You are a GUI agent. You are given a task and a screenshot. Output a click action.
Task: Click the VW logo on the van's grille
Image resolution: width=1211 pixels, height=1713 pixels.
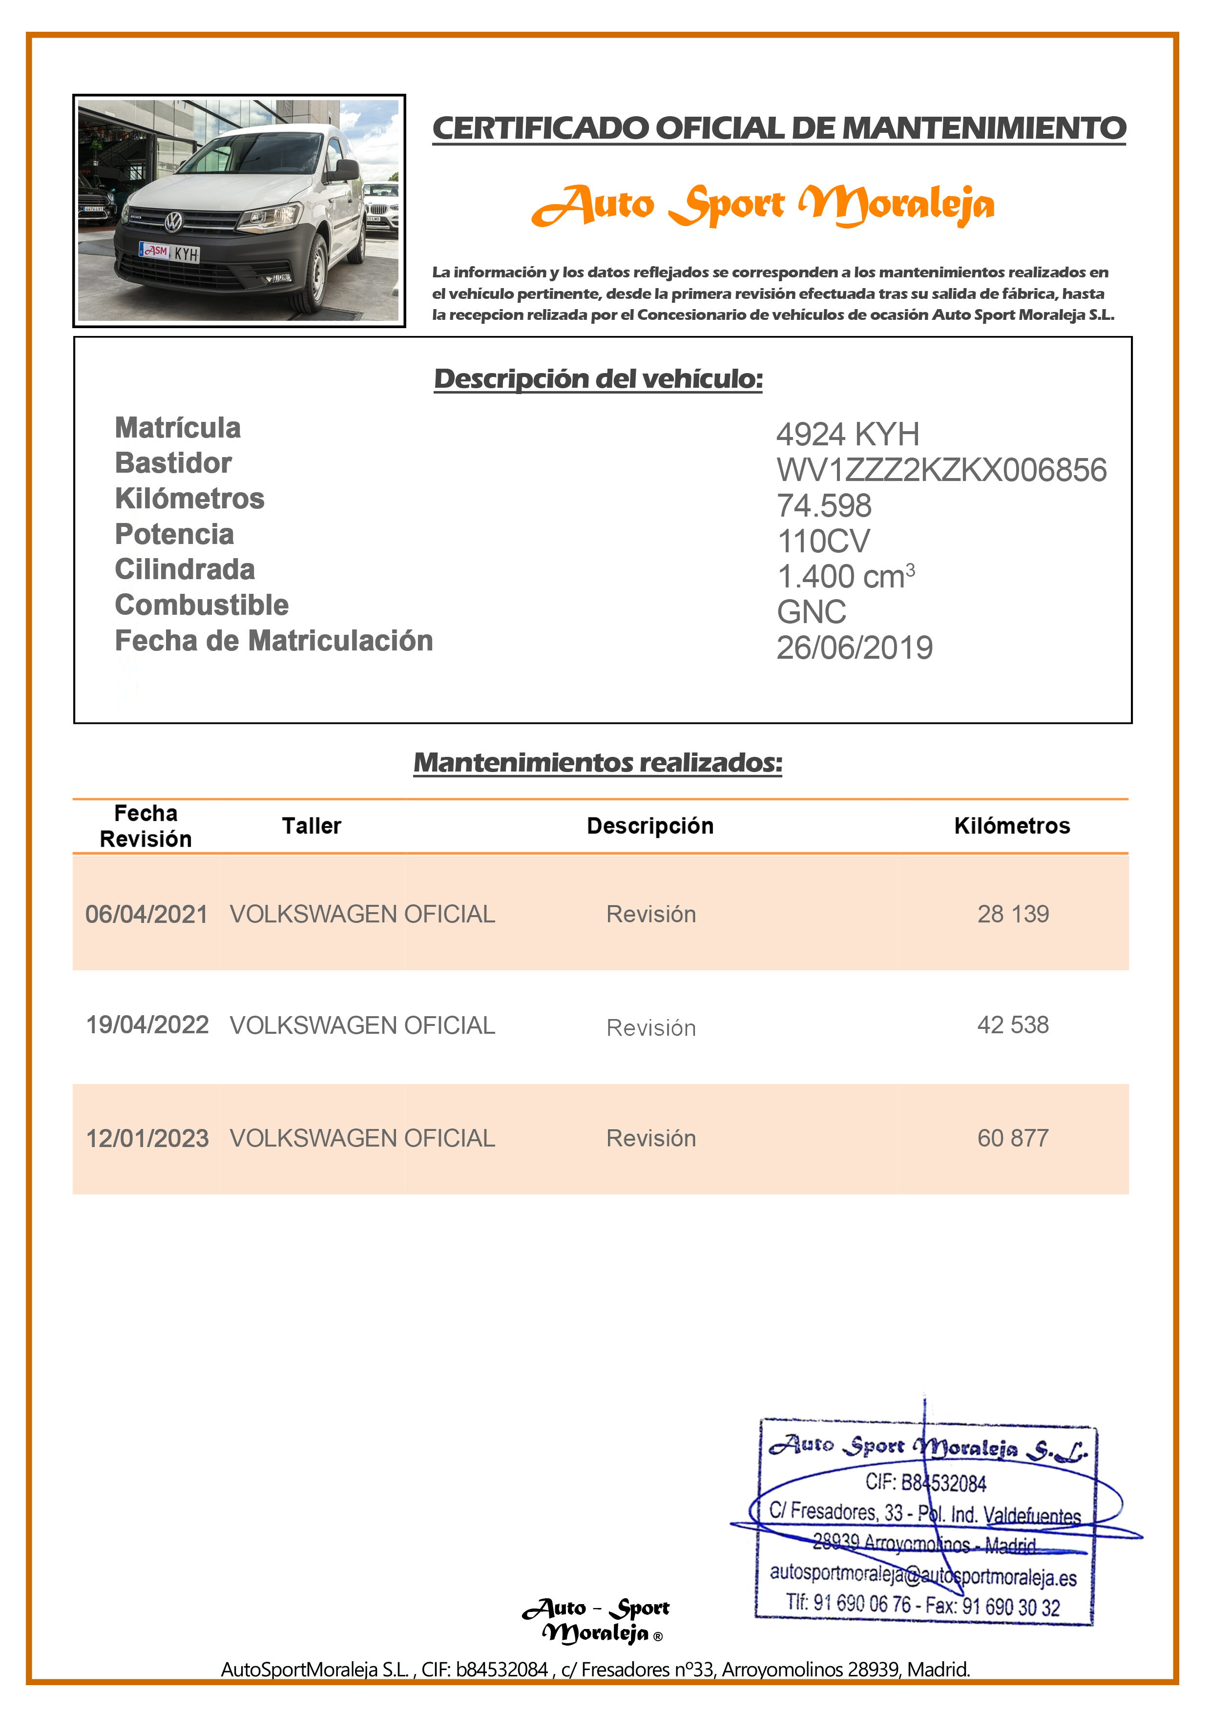[x=173, y=222]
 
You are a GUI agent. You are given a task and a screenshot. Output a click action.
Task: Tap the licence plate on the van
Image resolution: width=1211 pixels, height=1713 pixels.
[x=169, y=252]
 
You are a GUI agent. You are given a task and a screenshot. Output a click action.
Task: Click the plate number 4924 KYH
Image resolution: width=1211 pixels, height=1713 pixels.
[x=848, y=434]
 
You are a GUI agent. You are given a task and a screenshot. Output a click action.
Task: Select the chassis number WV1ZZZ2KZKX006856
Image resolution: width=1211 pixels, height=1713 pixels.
[x=941, y=470]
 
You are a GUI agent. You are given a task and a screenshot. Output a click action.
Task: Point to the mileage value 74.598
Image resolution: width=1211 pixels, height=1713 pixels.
[x=824, y=506]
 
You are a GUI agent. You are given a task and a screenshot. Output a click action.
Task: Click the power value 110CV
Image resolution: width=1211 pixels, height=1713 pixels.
[x=823, y=542]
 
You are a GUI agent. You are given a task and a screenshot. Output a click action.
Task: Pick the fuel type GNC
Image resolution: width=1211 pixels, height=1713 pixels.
[x=811, y=612]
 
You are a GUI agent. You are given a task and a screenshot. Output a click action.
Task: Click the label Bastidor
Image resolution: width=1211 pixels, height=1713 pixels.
[x=173, y=463]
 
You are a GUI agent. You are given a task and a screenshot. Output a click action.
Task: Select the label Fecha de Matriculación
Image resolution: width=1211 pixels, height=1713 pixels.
[x=274, y=641]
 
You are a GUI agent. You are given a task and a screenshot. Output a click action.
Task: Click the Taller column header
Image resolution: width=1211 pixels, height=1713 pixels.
[x=311, y=826]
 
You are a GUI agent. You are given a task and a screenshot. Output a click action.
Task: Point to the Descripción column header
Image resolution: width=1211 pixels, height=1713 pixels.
[x=650, y=826]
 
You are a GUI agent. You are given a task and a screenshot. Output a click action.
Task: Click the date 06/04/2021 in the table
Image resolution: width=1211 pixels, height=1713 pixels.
[x=146, y=915]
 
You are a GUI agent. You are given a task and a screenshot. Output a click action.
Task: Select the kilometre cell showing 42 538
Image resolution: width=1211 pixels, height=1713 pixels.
[x=1013, y=1025]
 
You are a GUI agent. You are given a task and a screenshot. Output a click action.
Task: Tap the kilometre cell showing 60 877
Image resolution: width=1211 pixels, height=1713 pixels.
[x=1013, y=1139]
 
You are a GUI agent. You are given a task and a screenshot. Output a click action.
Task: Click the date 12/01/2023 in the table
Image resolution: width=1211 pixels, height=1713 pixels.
[x=147, y=1139]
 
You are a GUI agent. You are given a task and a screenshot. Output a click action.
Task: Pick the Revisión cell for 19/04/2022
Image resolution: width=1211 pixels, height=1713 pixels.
[x=650, y=1028]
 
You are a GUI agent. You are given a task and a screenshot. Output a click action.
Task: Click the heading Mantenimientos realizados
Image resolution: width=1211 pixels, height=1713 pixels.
[x=598, y=762]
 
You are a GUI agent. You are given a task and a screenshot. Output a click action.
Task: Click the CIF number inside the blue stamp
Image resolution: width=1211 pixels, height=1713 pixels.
[x=925, y=1483]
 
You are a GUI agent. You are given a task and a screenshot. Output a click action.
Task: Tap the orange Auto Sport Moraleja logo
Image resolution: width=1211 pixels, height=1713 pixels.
[x=763, y=205]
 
